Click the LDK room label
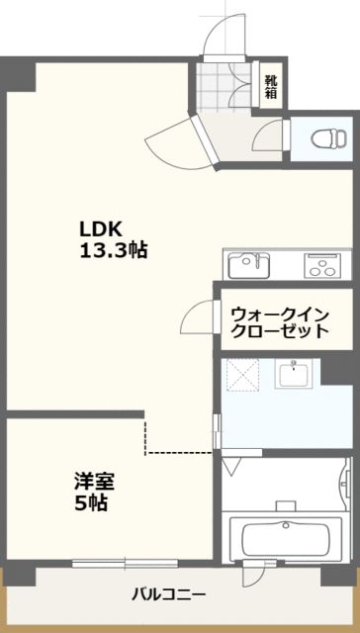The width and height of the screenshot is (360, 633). [x=101, y=230]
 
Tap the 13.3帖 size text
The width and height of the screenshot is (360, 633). [x=114, y=251]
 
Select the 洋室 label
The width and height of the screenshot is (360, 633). [x=94, y=482]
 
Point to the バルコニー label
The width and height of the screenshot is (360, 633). [x=169, y=594]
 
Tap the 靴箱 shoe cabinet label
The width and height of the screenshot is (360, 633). [x=271, y=86]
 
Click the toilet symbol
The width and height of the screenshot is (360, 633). [x=329, y=138]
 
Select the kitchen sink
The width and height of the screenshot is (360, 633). [x=249, y=265]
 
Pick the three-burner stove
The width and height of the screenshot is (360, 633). [x=322, y=265]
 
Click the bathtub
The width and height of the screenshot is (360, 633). [x=286, y=538]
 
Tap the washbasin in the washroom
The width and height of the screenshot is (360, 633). [x=294, y=374]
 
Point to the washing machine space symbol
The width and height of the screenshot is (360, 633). [x=242, y=376]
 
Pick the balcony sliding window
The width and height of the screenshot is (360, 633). [x=126, y=563]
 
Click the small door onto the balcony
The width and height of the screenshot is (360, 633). [x=253, y=573]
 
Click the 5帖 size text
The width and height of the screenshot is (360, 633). [x=91, y=502]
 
